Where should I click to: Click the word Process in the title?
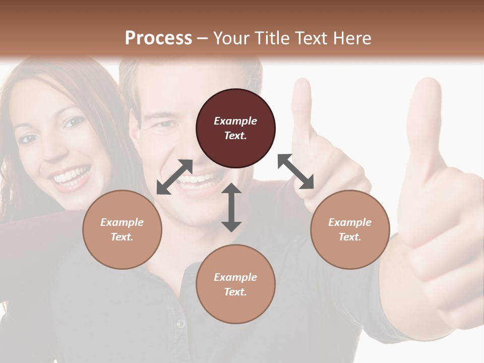(158, 38)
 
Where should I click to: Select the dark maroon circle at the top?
(235, 128)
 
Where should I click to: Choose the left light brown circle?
(122, 229)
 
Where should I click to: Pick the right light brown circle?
(350, 229)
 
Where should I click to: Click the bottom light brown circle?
(235, 284)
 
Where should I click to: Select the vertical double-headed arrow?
(231, 207)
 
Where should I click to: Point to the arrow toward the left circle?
(174, 177)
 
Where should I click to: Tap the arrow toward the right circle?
(295, 171)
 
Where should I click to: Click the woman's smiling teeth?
(72, 176)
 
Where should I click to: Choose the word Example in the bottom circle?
(235, 277)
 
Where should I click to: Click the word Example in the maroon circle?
(235, 121)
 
